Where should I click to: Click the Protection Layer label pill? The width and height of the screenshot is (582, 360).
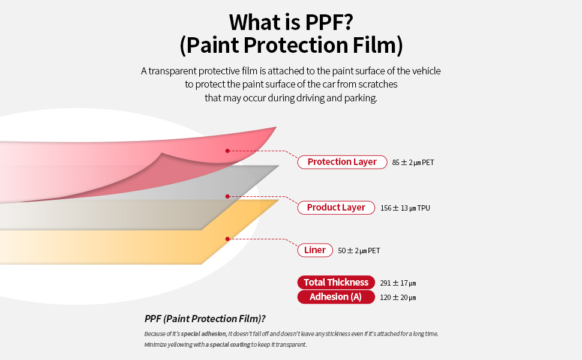pos(342,162)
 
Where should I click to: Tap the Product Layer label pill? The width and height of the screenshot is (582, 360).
pos(336,208)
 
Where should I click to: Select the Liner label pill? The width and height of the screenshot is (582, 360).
pos(315,251)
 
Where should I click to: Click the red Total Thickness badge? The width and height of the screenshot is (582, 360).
pos(336,283)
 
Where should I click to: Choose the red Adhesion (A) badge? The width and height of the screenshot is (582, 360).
pos(336,297)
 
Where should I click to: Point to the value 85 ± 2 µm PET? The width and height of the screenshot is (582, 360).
pos(413,163)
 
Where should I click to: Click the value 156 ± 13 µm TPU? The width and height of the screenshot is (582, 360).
pos(406,208)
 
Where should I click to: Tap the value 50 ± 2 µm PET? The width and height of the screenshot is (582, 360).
pos(359,251)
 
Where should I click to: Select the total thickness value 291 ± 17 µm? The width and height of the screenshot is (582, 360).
pos(398,283)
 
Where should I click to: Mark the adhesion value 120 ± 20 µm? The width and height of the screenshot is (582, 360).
pos(398,298)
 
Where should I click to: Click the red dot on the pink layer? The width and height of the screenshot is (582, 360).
pos(227,151)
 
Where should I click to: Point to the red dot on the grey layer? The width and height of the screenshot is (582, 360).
pos(227,196)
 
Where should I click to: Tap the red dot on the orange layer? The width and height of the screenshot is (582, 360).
pos(227,239)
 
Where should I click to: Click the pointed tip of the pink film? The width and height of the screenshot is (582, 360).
pos(276,127)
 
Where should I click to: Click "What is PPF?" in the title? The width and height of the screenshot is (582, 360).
pos(291,22)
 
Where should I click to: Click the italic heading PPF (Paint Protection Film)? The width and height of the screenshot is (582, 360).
pos(205,319)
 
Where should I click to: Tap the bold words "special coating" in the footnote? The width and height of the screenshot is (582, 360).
pos(230,344)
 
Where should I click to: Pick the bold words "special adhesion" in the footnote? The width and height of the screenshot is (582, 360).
pos(203,334)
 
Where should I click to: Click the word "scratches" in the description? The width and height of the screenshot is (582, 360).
pos(378,84)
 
